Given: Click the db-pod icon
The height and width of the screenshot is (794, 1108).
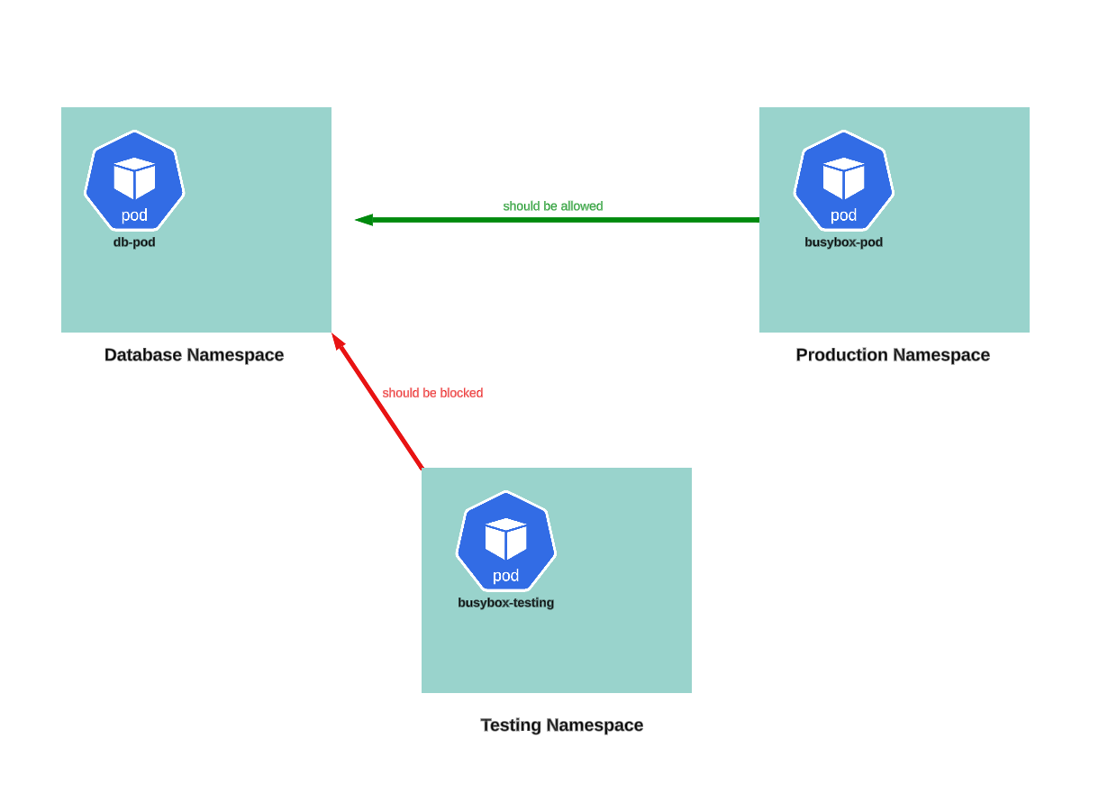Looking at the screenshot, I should click(134, 180).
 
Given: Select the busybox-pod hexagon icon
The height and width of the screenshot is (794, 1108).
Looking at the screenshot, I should click(843, 180).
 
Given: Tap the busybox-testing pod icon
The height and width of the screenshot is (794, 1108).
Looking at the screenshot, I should click(505, 541).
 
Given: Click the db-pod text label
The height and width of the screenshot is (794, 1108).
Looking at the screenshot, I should click(134, 242).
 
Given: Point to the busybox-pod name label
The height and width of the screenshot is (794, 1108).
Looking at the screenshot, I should click(843, 242).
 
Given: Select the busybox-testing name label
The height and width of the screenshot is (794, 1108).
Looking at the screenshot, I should click(505, 603).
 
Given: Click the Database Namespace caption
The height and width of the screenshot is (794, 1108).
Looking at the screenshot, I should click(194, 355).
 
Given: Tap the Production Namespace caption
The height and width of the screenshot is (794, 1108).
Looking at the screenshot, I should click(892, 355).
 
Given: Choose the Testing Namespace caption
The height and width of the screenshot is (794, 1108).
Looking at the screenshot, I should click(561, 726).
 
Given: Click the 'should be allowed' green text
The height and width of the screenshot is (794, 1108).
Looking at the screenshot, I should click(552, 206).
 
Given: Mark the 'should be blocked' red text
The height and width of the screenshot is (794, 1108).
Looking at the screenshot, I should click(432, 393).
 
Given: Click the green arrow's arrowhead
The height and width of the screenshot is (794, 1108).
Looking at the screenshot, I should click(363, 220).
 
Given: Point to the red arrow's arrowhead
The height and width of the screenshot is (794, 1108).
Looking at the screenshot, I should click(337, 341).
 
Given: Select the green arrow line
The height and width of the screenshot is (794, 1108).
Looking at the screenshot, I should click(568, 220).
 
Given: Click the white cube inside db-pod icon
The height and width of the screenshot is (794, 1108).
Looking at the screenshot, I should click(134, 178).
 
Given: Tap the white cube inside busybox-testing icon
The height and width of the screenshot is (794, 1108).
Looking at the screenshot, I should click(505, 538).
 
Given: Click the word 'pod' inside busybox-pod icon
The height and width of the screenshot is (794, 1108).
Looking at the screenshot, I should click(843, 215).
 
